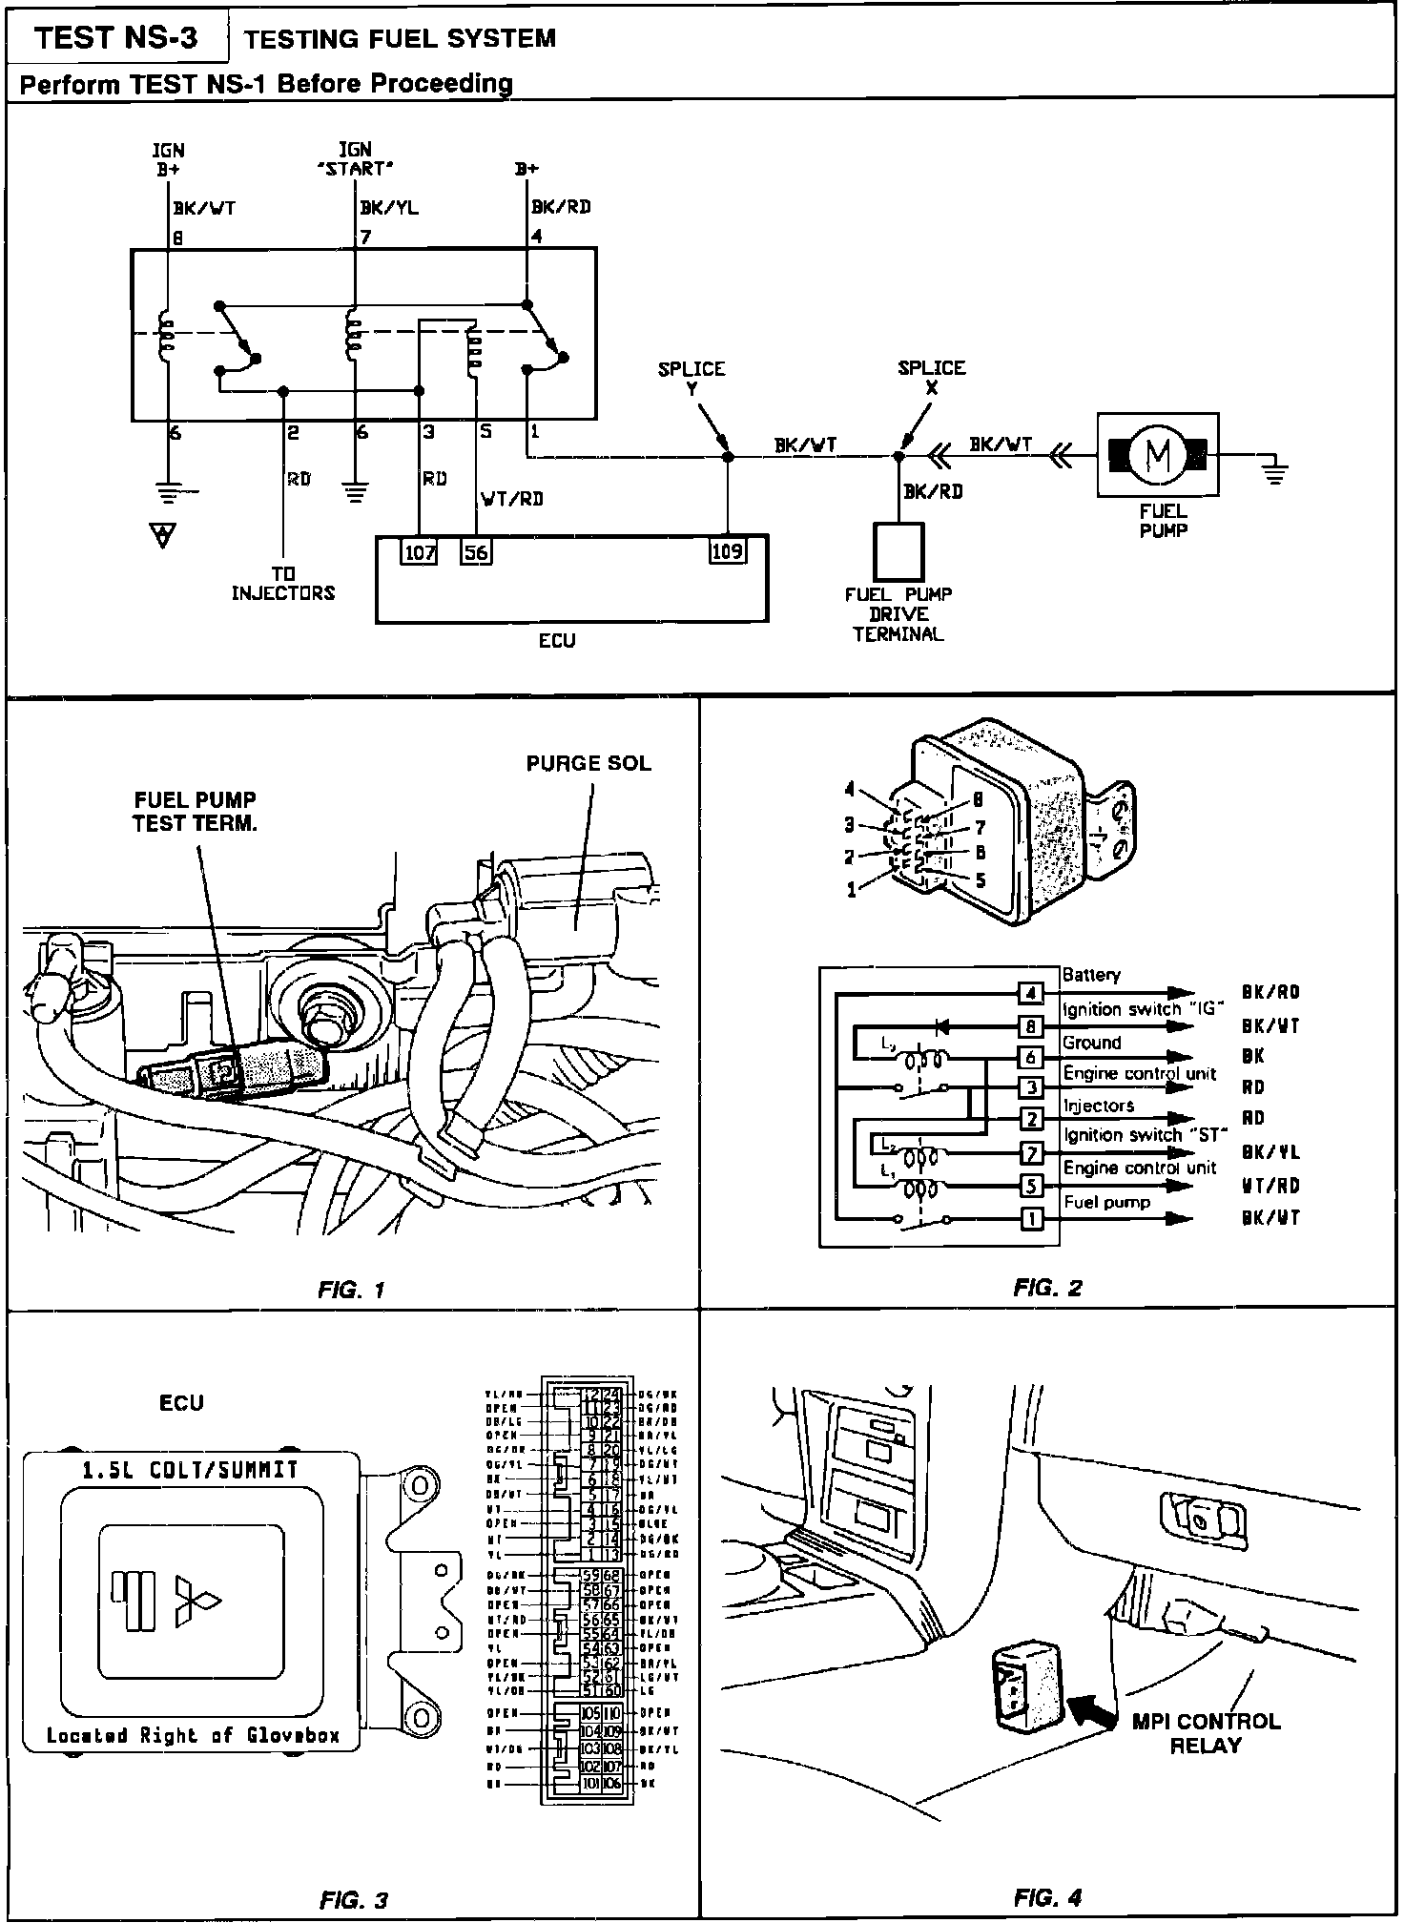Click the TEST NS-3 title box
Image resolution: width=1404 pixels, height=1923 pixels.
pos(116,37)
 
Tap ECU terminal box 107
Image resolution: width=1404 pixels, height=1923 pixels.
pos(420,552)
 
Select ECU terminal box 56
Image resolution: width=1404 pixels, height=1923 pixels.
pos(476,552)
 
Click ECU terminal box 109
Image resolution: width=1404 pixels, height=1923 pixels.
pos(728,551)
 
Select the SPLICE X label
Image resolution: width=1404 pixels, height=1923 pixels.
pos(932,378)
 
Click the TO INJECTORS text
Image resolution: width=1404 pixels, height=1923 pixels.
pos(283,584)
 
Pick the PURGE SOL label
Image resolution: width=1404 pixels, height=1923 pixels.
pos(588,763)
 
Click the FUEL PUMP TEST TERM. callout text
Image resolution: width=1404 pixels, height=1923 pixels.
pos(195,812)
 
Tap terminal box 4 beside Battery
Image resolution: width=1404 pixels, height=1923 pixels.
pos(1031,993)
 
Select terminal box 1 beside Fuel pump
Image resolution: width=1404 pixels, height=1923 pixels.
pos(1031,1218)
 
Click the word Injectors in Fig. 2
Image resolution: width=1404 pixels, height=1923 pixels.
pos(1099,1106)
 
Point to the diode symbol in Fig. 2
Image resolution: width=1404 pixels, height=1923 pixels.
pos(942,1026)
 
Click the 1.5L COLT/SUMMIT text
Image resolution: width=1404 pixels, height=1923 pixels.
pos(190,1470)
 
